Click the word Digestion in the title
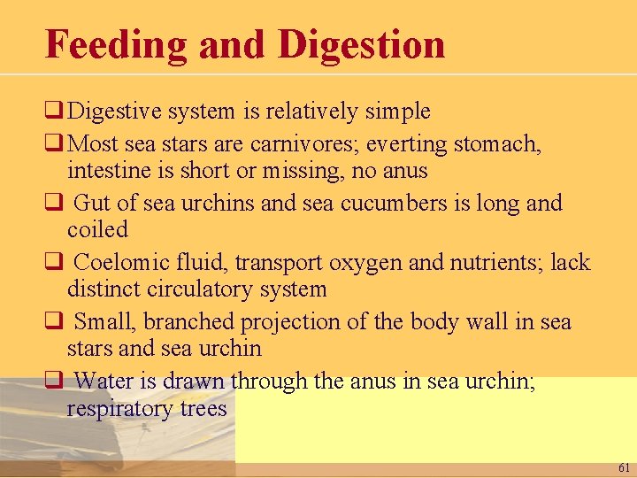click(x=361, y=44)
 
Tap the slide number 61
click(x=624, y=466)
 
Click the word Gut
click(x=92, y=203)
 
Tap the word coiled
click(x=97, y=229)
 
